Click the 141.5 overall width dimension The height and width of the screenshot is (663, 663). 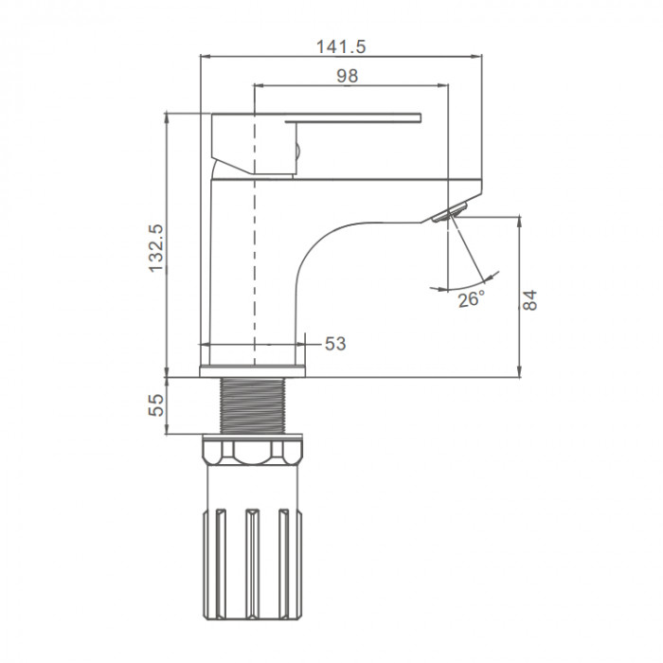pos(341,46)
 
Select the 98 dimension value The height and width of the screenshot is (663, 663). pos(348,76)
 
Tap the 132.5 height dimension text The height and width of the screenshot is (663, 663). pos(156,248)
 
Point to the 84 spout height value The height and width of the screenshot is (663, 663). pos(529,300)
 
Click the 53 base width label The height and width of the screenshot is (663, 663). pos(335,344)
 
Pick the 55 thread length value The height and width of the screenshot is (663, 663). pos(156,405)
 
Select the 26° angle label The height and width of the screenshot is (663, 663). pos(471,299)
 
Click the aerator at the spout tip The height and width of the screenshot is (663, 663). pos(450,211)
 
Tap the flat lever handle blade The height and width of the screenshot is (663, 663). pos(353,118)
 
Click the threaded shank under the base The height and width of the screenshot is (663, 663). pos(253,405)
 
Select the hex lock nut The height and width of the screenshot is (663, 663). pos(253,453)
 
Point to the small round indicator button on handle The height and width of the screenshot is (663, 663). pos(296,151)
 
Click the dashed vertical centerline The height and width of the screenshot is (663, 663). pos(254,224)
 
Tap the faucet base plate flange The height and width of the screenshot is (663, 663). pos(253,371)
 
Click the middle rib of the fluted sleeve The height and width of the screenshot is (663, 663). pos(253,564)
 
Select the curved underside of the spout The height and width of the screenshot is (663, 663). pos(338,245)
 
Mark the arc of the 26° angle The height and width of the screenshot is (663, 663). pos(464,283)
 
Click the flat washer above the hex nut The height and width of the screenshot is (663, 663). pos(253,437)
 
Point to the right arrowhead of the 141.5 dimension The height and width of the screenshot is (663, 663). pos(477,55)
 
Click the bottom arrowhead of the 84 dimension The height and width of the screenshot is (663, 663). pos(520,372)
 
